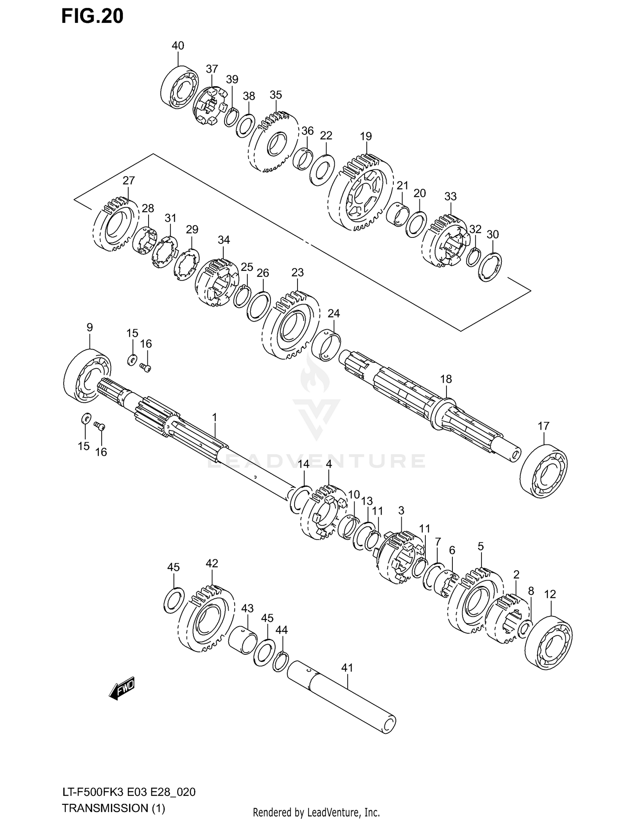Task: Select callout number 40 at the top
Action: tap(178, 46)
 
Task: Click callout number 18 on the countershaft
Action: tap(446, 379)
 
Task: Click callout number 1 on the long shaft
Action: tap(214, 417)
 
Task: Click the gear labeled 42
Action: tap(206, 618)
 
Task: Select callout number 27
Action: tap(129, 180)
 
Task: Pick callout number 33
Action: tap(450, 196)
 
